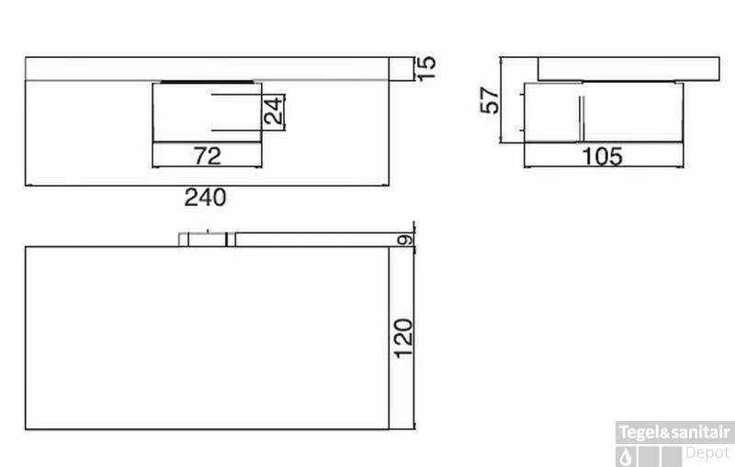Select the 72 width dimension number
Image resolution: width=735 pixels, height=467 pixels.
pos(209,155)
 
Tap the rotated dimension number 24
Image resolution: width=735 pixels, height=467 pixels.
pos(273,112)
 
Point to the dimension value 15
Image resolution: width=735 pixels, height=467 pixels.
pos(424,68)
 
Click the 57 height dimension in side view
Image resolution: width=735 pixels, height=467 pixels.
pos(491,99)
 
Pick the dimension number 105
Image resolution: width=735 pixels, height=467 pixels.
pos(602,156)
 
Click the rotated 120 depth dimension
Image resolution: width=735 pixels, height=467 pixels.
pos(404,338)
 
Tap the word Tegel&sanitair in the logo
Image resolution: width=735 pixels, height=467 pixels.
pos(674,432)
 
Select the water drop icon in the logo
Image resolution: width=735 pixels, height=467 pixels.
pos(627,455)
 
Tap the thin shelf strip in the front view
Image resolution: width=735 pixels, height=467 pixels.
pos(208,69)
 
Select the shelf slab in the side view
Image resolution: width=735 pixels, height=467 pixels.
pos(628,69)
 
